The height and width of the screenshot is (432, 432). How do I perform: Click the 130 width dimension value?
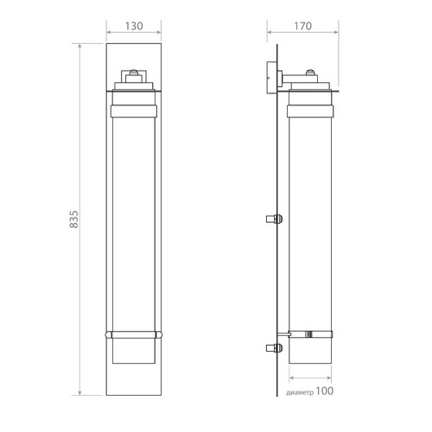point(134,26)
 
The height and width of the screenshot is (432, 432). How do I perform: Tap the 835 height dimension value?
point(74,219)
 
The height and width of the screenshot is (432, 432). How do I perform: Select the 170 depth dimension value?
point(302,26)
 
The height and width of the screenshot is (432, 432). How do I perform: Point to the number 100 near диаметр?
point(325,391)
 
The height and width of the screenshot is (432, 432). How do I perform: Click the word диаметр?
point(300,392)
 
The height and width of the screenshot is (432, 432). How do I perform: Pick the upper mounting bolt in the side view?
point(274,219)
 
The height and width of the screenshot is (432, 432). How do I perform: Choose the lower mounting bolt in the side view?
point(274,348)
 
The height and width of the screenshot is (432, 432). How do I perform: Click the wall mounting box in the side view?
point(272,78)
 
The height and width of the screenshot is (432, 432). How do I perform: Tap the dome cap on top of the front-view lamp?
point(134,72)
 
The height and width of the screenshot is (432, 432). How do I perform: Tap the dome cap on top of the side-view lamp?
point(310,72)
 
